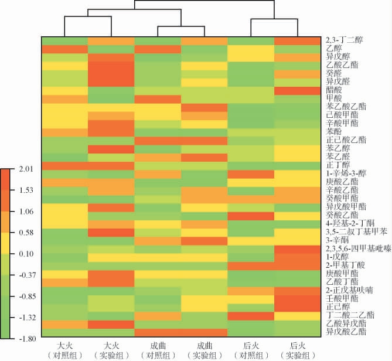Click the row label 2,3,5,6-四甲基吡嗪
(x=358, y=248)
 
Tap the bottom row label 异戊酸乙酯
(x=346, y=332)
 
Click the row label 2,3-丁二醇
(x=344, y=40)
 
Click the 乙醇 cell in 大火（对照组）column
(x=64, y=49)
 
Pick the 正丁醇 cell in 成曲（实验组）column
(x=204, y=165)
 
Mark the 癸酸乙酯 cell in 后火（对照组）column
(x=251, y=215)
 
